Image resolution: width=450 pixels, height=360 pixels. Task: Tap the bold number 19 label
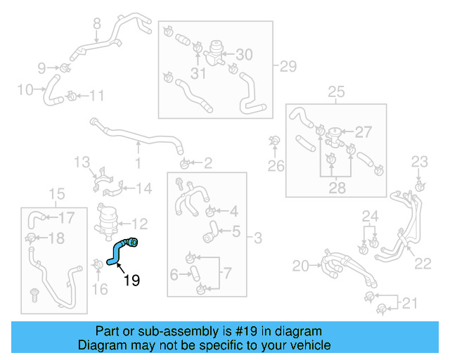[x=131, y=281]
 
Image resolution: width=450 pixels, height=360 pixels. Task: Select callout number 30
[x=243, y=55]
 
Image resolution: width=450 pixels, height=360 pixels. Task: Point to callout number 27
[x=363, y=132]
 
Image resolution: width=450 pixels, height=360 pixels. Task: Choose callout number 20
[x=300, y=266]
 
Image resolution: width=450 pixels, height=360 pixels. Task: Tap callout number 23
[x=419, y=162]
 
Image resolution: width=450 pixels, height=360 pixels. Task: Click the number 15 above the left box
[x=56, y=194]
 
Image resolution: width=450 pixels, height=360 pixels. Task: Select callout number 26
[x=276, y=166]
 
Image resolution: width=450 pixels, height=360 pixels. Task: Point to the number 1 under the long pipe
[x=138, y=164]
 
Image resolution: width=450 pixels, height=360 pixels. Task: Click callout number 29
[x=288, y=67]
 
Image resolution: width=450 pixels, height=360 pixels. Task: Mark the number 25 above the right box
[x=336, y=91]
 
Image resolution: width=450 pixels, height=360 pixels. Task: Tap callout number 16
[x=100, y=288]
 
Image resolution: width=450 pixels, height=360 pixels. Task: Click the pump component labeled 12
[x=108, y=221]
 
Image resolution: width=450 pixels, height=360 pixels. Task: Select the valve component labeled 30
[x=215, y=53]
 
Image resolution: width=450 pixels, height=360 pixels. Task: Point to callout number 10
[x=25, y=90]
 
